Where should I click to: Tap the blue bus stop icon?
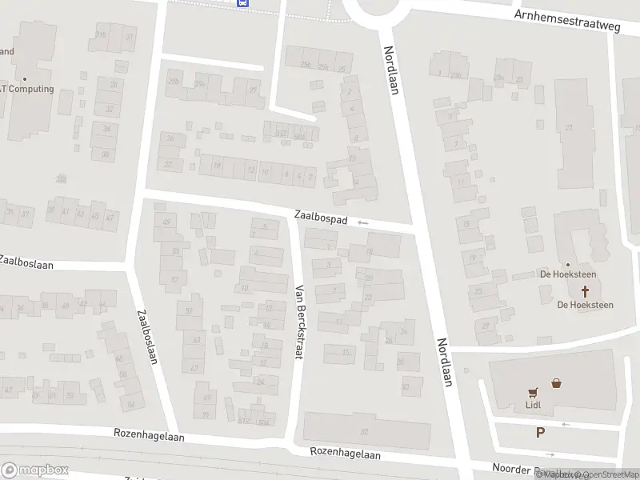point(242,3)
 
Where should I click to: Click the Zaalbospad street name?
point(320,216)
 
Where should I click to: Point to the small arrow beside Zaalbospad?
point(364,222)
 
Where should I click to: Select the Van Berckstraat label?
point(301,321)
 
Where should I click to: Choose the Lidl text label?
point(533,405)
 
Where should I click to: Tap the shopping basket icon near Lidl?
point(556,383)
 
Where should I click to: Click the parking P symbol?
point(541,433)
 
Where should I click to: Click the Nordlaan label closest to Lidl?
point(445,362)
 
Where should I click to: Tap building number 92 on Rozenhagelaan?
point(364,431)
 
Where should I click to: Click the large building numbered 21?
point(569,128)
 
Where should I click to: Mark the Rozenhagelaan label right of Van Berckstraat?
point(345,454)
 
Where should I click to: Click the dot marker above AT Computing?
point(25,78)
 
